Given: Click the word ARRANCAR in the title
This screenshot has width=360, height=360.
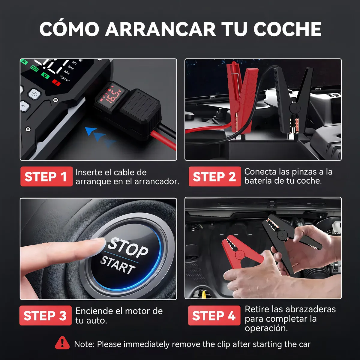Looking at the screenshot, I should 160,29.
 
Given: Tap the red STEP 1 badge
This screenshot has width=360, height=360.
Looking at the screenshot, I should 46,176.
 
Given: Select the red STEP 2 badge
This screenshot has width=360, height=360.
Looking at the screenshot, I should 214,176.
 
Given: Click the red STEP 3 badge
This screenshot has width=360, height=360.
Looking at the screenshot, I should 45,316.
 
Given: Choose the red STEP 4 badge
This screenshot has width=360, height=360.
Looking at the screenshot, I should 214,316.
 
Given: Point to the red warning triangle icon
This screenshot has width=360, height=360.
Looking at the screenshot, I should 62,343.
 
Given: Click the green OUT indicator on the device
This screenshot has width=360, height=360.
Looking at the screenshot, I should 34,69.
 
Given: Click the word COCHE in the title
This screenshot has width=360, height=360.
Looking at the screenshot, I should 287,29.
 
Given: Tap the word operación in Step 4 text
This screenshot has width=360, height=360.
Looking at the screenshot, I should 266,328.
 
